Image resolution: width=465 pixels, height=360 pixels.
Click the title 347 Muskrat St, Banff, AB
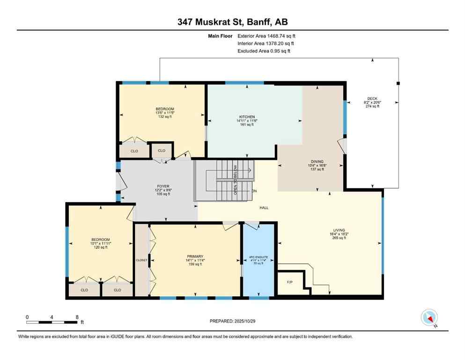coord(232,22)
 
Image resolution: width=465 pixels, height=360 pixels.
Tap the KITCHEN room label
coord(246,117)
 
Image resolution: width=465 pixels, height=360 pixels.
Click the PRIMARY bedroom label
coord(194,256)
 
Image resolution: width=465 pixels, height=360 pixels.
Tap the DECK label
coord(373,98)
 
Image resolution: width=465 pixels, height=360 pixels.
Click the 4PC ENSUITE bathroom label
coord(258,257)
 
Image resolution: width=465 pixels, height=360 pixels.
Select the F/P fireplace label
coord(289,283)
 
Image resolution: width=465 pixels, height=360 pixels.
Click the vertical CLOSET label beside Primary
coord(141,260)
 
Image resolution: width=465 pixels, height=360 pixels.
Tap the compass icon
coord(429,318)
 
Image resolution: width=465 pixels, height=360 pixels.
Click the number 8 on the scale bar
coord(77,317)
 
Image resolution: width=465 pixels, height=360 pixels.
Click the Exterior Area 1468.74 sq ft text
coord(266,36)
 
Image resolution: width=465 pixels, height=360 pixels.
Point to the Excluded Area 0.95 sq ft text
coord(264,51)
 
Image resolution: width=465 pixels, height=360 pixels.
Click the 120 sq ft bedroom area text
coord(100,247)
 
